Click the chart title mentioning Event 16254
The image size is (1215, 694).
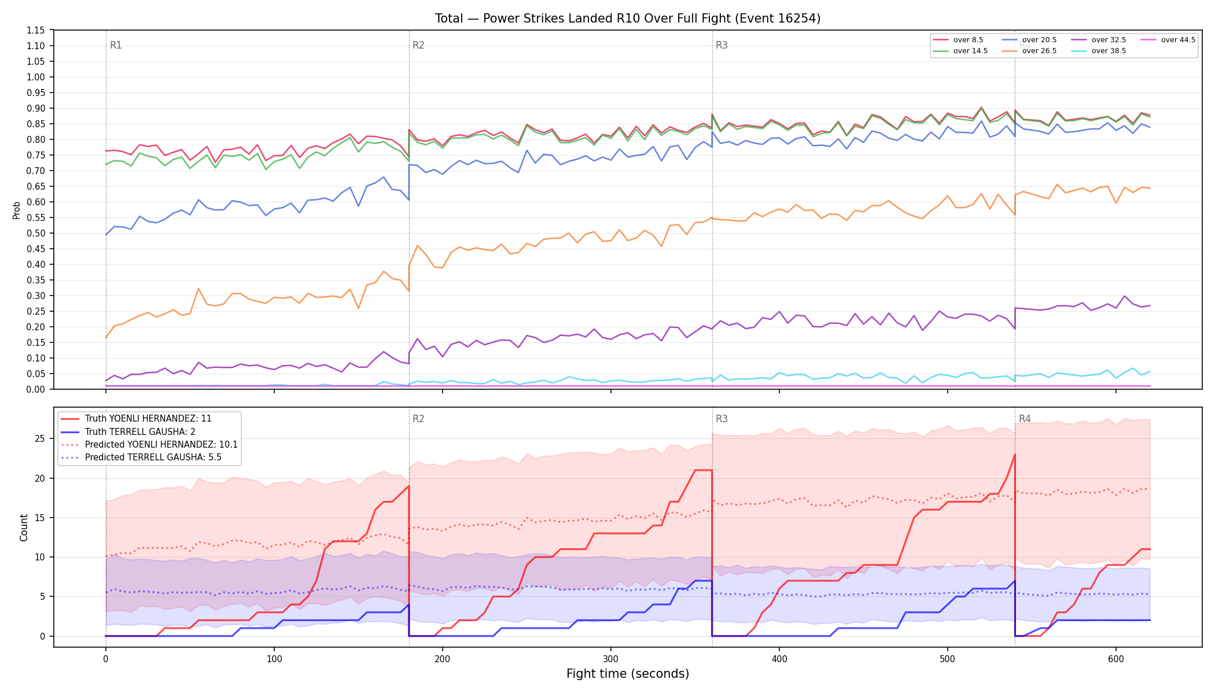[628, 19]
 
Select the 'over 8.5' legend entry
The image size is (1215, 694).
[958, 40]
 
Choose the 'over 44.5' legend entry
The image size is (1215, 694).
[1166, 40]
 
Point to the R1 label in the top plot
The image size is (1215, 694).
[116, 45]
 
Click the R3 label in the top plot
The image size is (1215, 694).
[721, 45]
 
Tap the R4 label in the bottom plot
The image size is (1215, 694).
[1025, 419]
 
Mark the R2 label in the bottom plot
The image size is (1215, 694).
[418, 419]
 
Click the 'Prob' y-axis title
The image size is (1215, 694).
[17, 210]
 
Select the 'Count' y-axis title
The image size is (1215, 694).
[24, 527]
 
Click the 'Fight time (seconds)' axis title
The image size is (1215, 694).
[628, 674]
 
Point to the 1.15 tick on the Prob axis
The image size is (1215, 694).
[36, 30]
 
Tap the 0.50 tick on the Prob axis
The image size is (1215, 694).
[36, 233]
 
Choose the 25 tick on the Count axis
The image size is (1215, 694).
[40, 438]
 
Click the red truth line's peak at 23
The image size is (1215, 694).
[1015, 455]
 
